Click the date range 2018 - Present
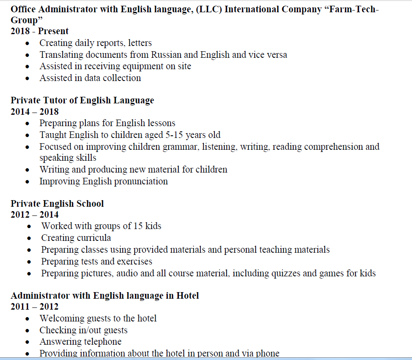click(39, 31)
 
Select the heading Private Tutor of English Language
click(82, 100)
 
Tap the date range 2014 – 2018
click(35, 112)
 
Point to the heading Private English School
click(57, 204)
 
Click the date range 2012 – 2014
click(35, 215)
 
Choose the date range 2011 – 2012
click(35, 307)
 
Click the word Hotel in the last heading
click(188, 296)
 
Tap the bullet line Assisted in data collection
click(90, 78)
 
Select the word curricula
click(94, 238)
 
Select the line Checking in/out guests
click(83, 330)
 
